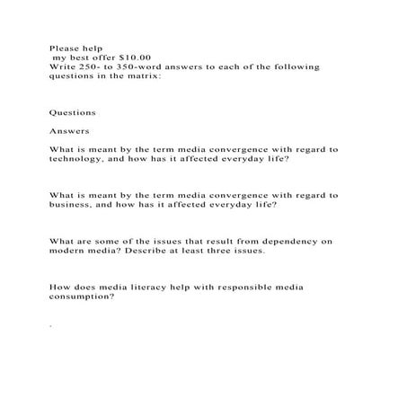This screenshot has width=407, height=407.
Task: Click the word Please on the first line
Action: pos(64,48)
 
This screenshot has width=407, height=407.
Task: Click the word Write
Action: pos(63,67)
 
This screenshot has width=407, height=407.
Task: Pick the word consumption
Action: pos(81,297)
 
